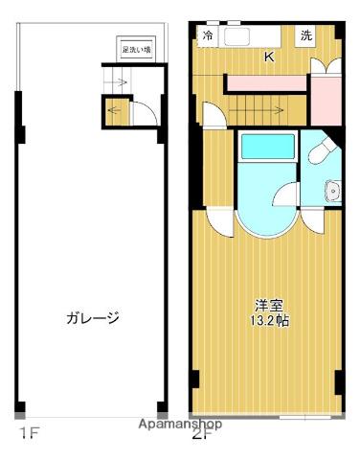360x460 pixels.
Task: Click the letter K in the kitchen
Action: [269, 57]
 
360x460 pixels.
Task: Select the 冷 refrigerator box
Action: [209, 35]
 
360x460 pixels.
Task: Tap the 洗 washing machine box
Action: [305, 35]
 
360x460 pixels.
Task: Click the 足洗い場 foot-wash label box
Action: [136, 47]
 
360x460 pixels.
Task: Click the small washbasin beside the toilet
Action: [332, 189]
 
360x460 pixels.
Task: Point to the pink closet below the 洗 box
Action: [326, 100]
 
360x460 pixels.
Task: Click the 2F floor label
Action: [200, 434]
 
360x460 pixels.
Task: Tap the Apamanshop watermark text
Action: [180, 424]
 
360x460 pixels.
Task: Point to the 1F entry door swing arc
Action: [142, 113]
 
